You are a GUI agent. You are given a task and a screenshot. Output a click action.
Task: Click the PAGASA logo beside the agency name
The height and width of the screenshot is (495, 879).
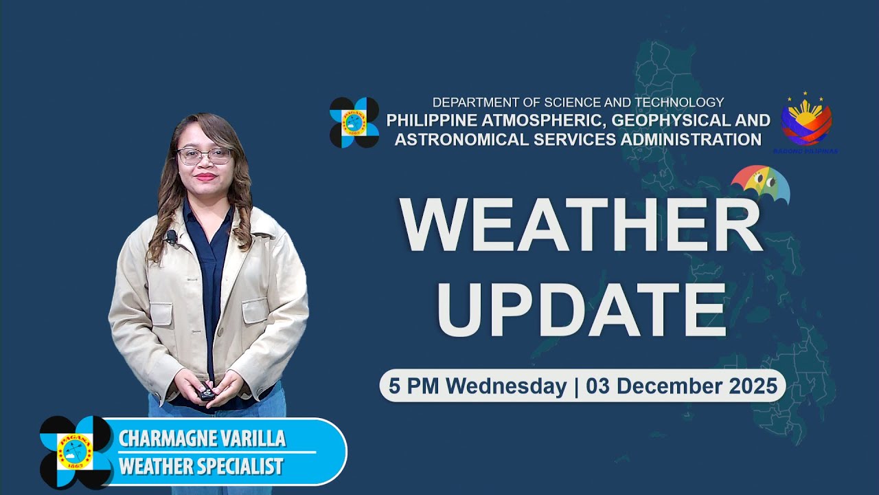tap(354, 122)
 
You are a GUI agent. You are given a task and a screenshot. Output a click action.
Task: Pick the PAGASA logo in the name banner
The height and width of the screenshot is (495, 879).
tap(76, 452)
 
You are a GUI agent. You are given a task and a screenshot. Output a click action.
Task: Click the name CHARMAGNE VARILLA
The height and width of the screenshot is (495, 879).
tap(202, 439)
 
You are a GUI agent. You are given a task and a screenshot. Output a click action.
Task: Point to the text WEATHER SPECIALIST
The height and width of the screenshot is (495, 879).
tap(201, 466)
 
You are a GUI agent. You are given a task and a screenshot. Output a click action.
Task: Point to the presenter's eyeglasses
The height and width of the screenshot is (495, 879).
tap(205, 155)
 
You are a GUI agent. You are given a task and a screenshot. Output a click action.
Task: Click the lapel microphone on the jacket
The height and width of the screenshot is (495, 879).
tap(171, 237)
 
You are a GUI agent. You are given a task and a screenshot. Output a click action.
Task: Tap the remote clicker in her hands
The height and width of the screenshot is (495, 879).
tap(207, 394)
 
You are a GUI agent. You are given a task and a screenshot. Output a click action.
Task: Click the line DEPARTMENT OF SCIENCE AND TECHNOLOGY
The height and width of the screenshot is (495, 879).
tap(578, 102)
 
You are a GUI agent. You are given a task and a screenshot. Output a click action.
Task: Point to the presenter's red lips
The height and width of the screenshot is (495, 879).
tap(205, 177)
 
